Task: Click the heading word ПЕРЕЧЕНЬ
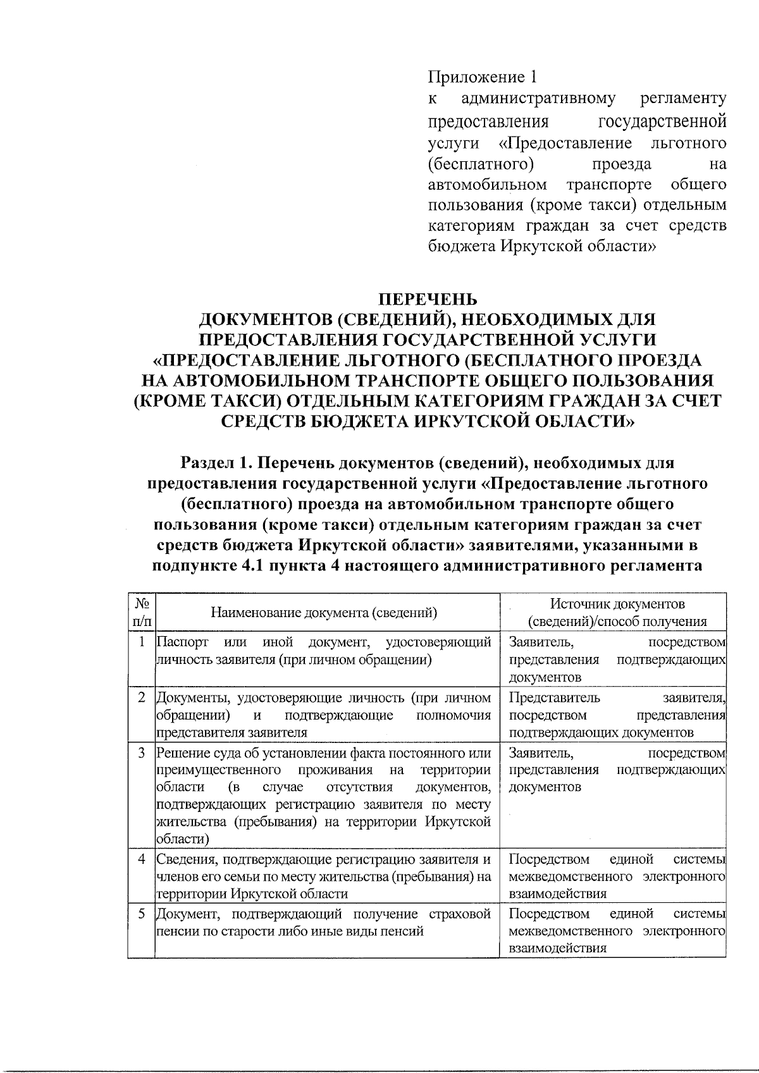tap(428, 299)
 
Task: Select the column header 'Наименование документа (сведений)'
tap(324, 612)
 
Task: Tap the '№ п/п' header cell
tap(142, 612)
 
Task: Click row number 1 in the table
tap(143, 642)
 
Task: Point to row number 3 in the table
tap(143, 753)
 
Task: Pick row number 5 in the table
tap(143, 914)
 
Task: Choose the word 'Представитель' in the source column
tap(555, 698)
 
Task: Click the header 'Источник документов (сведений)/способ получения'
tap(617, 612)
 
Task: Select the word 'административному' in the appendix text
tap(538, 99)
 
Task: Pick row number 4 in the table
tap(143, 859)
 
